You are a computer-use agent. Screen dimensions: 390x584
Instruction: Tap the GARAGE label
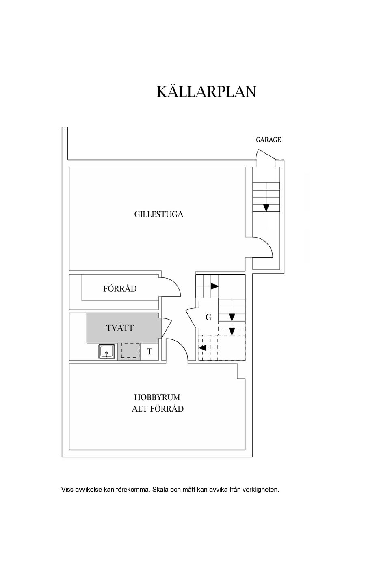pyautogui.click(x=268, y=140)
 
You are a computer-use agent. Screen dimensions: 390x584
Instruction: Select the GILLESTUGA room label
pyautogui.click(x=158, y=214)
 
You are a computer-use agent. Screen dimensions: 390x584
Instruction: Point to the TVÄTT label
pyautogui.click(x=119, y=327)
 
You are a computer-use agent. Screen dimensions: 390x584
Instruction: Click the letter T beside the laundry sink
pyautogui.click(x=149, y=352)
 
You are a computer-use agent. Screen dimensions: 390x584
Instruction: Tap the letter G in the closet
pyautogui.click(x=208, y=317)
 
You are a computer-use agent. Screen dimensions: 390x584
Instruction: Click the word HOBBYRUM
pyautogui.click(x=157, y=397)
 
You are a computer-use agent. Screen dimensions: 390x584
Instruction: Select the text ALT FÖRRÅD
pyautogui.click(x=158, y=408)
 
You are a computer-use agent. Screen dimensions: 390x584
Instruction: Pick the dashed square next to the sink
pyautogui.click(x=130, y=350)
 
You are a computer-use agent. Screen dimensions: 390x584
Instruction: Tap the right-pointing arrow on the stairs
pyautogui.click(x=214, y=286)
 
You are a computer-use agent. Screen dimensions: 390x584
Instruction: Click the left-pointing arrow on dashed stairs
pyautogui.click(x=203, y=348)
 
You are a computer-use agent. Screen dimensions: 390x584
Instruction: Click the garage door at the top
pyautogui.click(x=266, y=154)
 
